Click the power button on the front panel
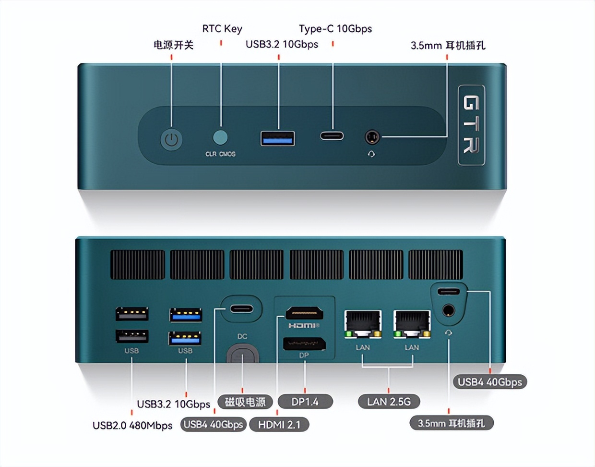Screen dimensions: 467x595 (x=171, y=140)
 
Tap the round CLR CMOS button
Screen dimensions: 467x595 (x=220, y=137)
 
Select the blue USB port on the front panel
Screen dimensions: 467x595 (x=277, y=138)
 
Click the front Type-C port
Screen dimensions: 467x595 (x=332, y=135)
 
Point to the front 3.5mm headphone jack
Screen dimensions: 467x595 (x=372, y=137)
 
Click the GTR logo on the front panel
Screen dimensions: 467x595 (x=471, y=125)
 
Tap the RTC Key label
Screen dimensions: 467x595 (x=222, y=29)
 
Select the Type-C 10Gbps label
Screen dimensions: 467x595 (x=335, y=29)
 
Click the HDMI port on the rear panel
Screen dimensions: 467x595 (x=304, y=313)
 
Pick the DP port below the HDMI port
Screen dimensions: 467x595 (x=304, y=344)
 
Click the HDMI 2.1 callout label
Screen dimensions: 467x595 (x=279, y=425)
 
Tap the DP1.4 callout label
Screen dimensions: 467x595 (x=305, y=402)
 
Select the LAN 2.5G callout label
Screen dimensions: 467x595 (x=389, y=402)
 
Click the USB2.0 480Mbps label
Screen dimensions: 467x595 (x=132, y=426)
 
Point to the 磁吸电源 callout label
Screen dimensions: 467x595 (x=245, y=402)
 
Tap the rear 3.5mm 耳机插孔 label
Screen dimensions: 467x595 (x=451, y=423)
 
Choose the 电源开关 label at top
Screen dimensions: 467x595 (x=173, y=45)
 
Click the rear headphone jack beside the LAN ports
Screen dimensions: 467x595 (x=449, y=310)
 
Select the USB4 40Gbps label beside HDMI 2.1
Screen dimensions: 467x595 (x=214, y=425)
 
